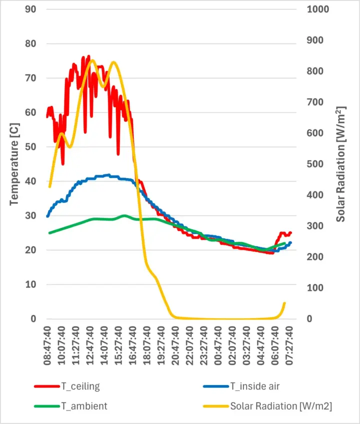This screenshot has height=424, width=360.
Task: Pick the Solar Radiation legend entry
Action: coord(281,406)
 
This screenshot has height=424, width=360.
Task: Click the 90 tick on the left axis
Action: coord(31,9)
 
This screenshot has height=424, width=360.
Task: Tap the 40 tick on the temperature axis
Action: coord(31,181)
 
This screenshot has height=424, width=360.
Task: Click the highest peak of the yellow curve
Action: coord(91,60)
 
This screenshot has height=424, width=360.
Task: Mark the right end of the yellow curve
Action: coord(284,303)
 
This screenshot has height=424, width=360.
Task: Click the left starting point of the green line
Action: coord(49,233)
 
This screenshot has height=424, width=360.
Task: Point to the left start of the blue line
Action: coord(47,216)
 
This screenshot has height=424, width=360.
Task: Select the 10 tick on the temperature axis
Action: coord(31,284)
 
